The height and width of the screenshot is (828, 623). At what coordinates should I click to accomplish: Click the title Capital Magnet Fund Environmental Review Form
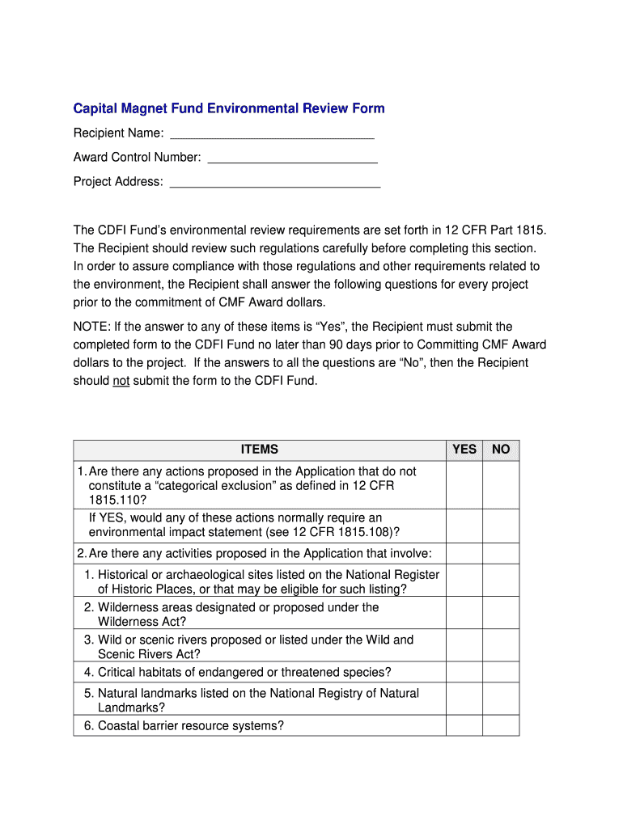[x=229, y=108]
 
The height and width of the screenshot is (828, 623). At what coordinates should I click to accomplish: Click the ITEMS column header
[x=259, y=450]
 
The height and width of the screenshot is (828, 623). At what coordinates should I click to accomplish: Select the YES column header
[x=464, y=450]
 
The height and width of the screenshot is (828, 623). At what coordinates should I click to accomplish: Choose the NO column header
[x=501, y=450]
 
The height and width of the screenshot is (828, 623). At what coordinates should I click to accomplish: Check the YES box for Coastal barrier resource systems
[x=464, y=725]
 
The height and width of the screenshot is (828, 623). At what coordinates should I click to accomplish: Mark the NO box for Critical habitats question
[x=501, y=672]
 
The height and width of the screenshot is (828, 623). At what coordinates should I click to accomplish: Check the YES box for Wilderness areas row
[x=464, y=614]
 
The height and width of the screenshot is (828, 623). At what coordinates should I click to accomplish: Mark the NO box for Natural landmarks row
[x=501, y=699]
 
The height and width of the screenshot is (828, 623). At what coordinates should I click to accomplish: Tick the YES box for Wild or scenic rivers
[x=464, y=646]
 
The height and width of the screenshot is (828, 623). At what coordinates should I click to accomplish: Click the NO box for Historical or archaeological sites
[x=501, y=581]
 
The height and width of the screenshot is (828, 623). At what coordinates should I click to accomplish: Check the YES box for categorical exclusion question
[x=464, y=485]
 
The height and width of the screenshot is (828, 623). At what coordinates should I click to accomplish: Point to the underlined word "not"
[x=121, y=381]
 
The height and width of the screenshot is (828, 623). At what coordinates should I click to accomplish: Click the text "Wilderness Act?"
[x=142, y=622]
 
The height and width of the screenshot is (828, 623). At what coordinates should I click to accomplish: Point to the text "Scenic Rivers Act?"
[x=149, y=654]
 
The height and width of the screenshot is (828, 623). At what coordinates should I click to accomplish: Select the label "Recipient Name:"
[x=119, y=133]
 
